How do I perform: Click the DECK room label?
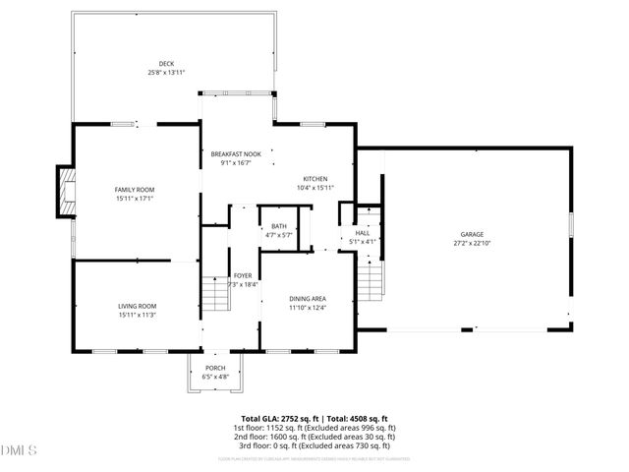tap(167, 64)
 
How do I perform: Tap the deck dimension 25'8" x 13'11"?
tap(167, 73)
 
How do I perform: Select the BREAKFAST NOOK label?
tap(236, 154)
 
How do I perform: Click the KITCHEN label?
tap(315, 179)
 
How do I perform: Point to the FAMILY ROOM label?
tap(135, 189)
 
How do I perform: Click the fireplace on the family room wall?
tap(66, 191)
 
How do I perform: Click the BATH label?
tap(279, 226)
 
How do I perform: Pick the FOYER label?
tap(243, 275)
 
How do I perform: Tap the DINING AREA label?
tap(308, 299)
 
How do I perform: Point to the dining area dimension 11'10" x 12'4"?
tap(308, 308)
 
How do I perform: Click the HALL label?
tap(363, 232)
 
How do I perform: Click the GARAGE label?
tap(472, 233)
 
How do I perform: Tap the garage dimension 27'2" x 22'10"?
tap(472, 242)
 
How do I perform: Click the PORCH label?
tap(215, 368)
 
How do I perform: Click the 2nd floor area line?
tap(314, 437)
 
